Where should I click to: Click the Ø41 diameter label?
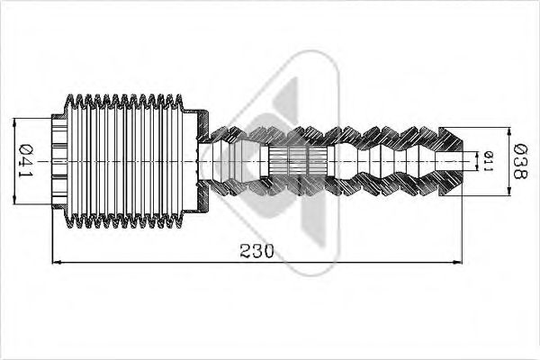(24, 160)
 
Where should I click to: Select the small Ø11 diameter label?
(487, 161)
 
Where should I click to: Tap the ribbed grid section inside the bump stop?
(297, 162)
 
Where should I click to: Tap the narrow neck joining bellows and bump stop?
(221, 160)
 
